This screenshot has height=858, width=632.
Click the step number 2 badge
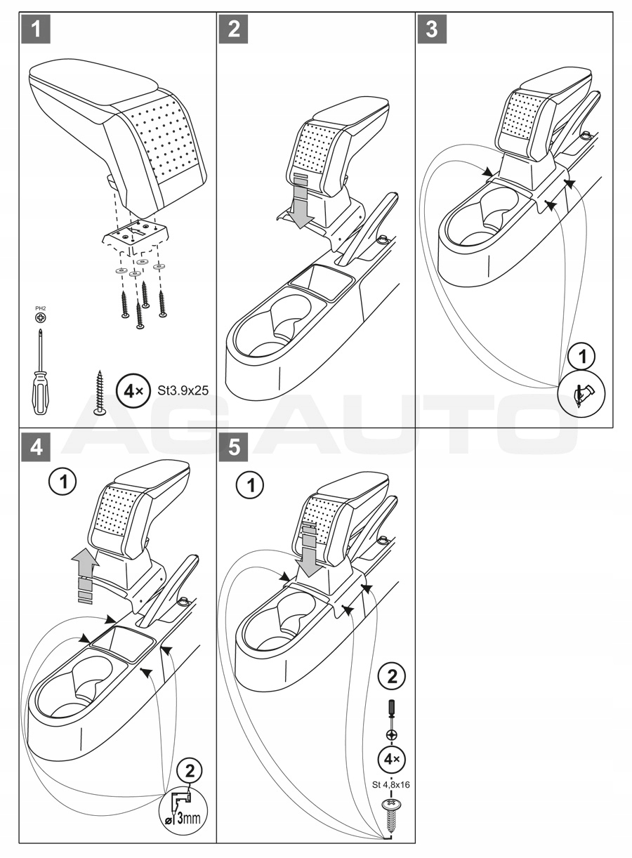point(234,29)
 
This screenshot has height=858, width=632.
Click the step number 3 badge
point(433,29)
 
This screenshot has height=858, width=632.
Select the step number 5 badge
point(234,447)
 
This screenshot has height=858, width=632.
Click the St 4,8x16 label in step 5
point(391,785)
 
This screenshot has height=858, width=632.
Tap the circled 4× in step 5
point(392,759)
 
